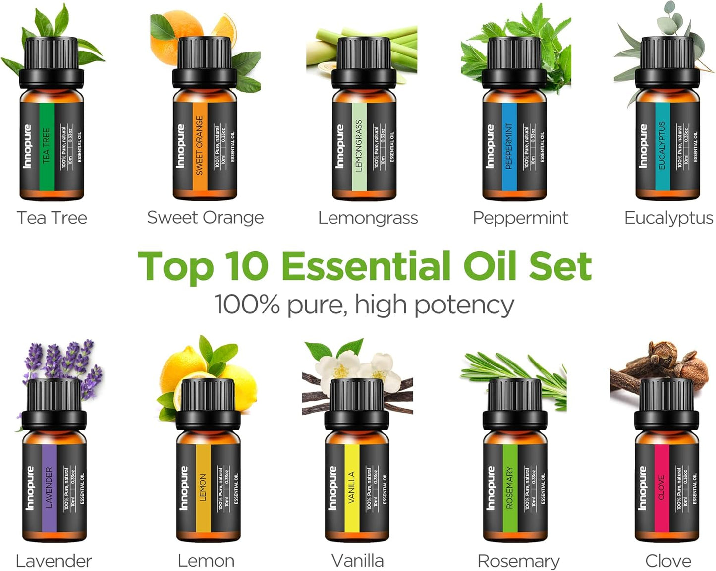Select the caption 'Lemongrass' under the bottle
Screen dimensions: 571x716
(368, 218)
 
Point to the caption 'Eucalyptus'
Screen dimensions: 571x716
(668, 218)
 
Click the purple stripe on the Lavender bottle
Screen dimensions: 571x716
(49, 488)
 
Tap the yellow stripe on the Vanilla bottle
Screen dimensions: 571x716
(351, 488)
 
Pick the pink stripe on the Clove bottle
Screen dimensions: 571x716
(661, 488)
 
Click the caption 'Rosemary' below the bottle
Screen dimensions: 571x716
(518, 561)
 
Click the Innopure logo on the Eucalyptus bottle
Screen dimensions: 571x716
(643, 146)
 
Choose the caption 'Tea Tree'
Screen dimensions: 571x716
(52, 218)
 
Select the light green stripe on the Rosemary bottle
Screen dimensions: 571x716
(510, 488)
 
